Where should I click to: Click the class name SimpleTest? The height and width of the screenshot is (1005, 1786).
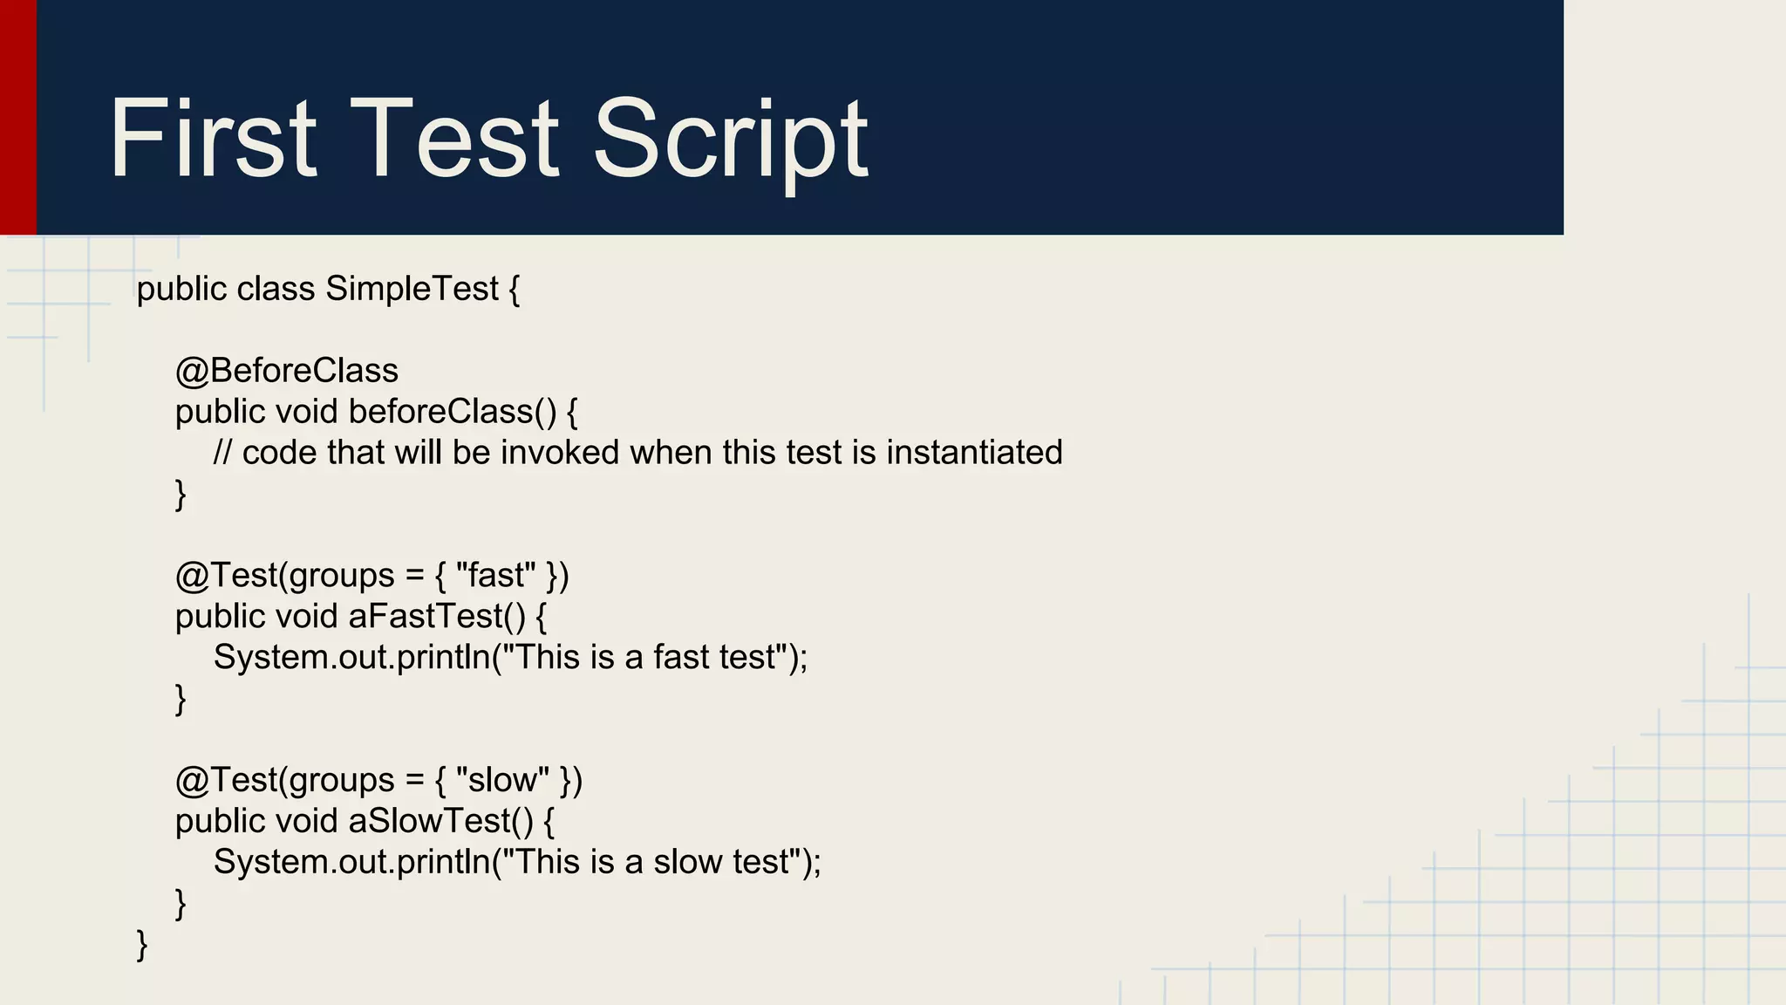412,289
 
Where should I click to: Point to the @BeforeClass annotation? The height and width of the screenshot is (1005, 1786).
286,371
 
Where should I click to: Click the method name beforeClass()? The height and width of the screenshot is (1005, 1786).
452,412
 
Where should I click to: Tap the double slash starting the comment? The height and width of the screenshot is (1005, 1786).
222,453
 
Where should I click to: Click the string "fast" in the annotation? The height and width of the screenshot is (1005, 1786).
495,576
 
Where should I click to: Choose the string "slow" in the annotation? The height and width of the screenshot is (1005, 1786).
502,780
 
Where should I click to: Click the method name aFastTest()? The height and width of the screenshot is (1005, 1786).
437,617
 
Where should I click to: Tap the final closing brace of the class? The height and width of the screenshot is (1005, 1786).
142,945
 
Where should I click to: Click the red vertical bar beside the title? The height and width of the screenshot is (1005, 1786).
17,117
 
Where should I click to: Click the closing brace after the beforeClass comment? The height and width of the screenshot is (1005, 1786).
181,495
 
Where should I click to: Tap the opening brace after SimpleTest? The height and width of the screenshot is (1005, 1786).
514,290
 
